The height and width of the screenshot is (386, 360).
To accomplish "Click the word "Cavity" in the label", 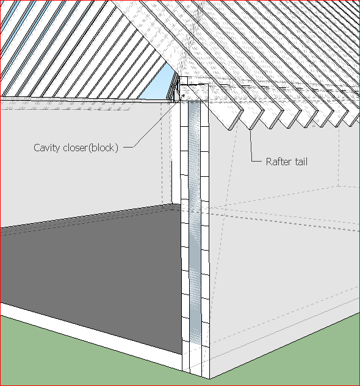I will coord(48,148).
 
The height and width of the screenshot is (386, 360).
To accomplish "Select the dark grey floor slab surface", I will coord(92,268).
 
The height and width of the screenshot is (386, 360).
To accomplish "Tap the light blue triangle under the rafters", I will coord(164,89).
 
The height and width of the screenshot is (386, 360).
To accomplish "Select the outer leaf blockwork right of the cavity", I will coord(205,244).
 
